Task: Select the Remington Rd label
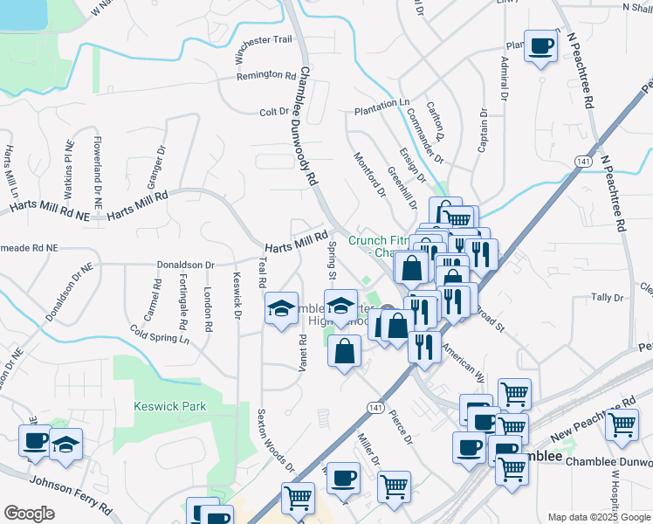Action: click(266, 75)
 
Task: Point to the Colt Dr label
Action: click(274, 112)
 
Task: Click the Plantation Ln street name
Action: click(381, 102)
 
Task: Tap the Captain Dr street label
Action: click(483, 132)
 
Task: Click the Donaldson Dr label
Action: click(185, 264)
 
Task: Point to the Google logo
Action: click(29, 514)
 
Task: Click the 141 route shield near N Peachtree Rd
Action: click(582, 162)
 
